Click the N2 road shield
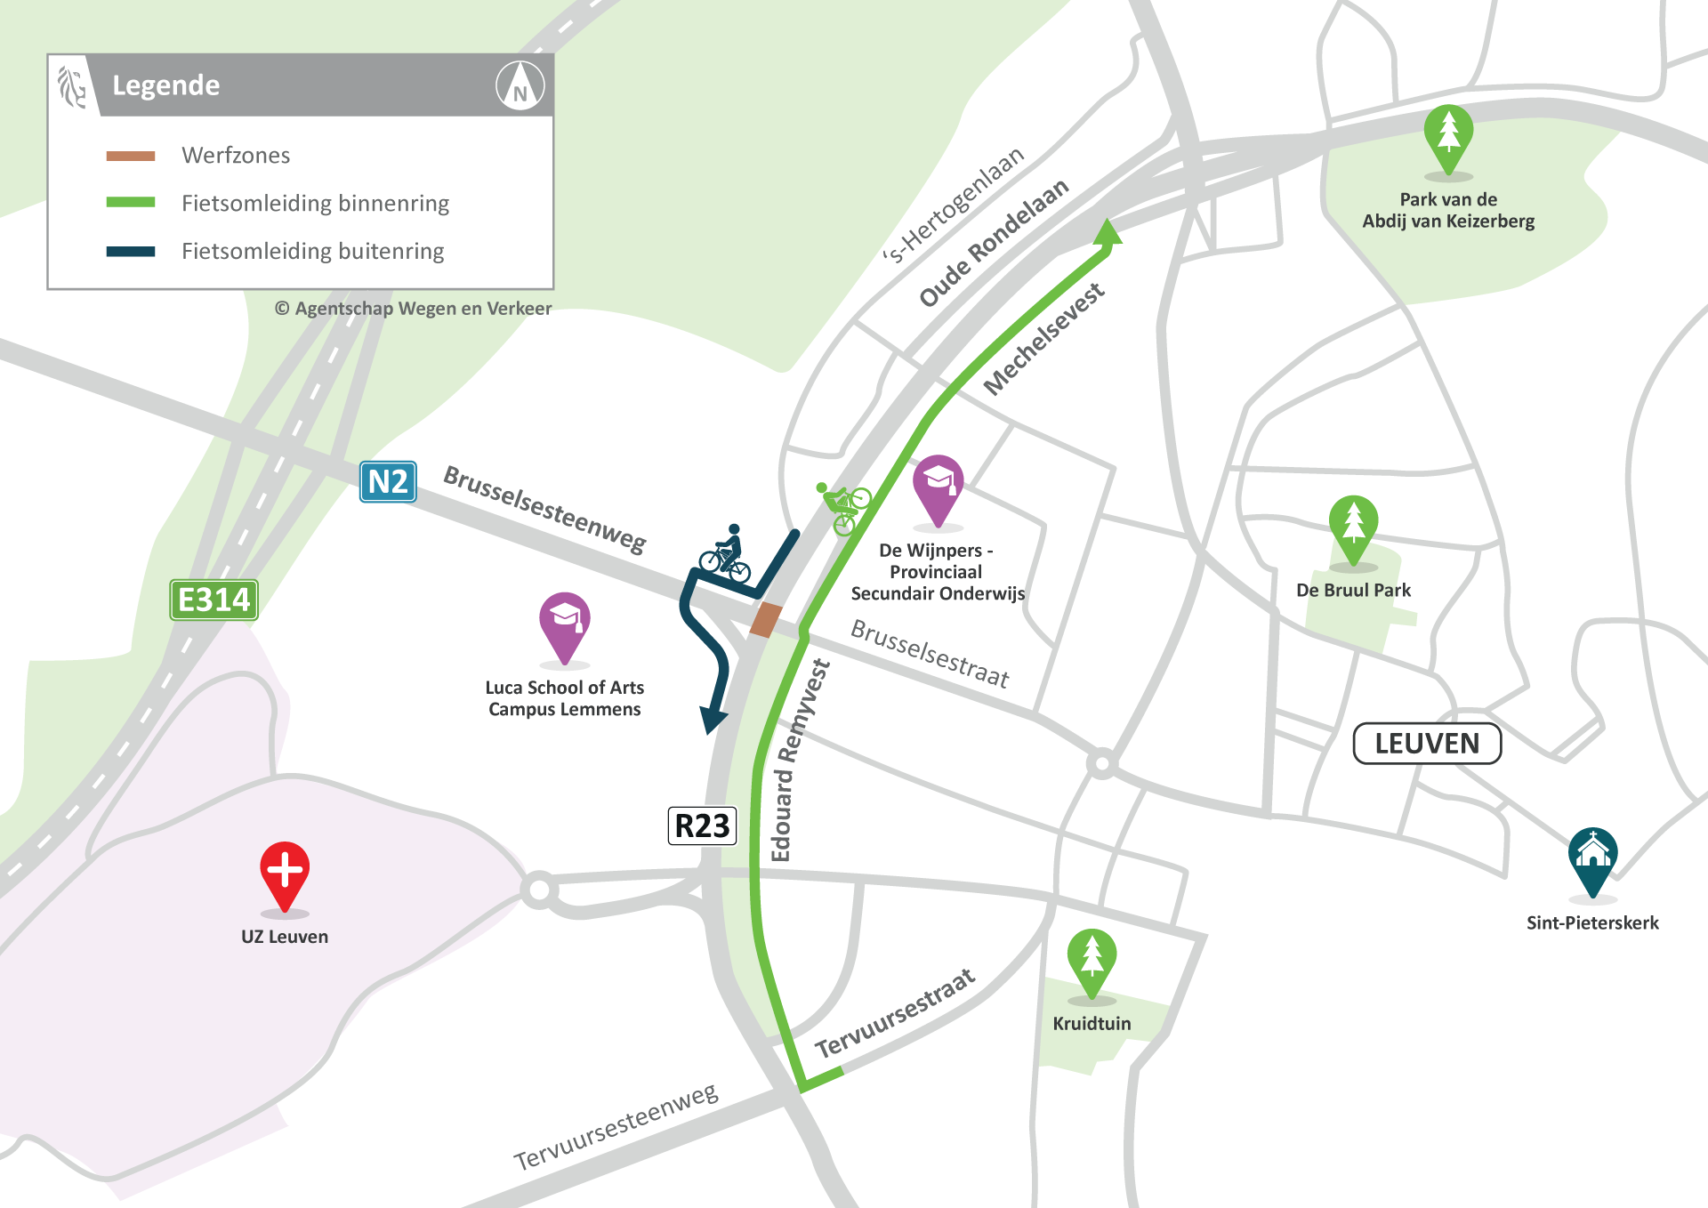tap(388, 482)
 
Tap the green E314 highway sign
tap(213, 600)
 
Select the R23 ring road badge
tap(702, 825)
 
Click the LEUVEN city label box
tap(1427, 744)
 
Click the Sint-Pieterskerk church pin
tap(1592, 858)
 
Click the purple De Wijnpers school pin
tap(938, 487)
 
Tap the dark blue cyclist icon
tap(726, 554)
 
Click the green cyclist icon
tap(843, 506)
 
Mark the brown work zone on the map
tap(765, 620)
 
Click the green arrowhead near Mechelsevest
tap(1108, 233)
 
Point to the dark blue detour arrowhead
tap(713, 719)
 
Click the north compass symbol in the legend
tap(520, 85)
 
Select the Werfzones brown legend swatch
tap(131, 156)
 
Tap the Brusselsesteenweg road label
tap(544, 508)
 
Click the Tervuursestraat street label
tap(895, 1013)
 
